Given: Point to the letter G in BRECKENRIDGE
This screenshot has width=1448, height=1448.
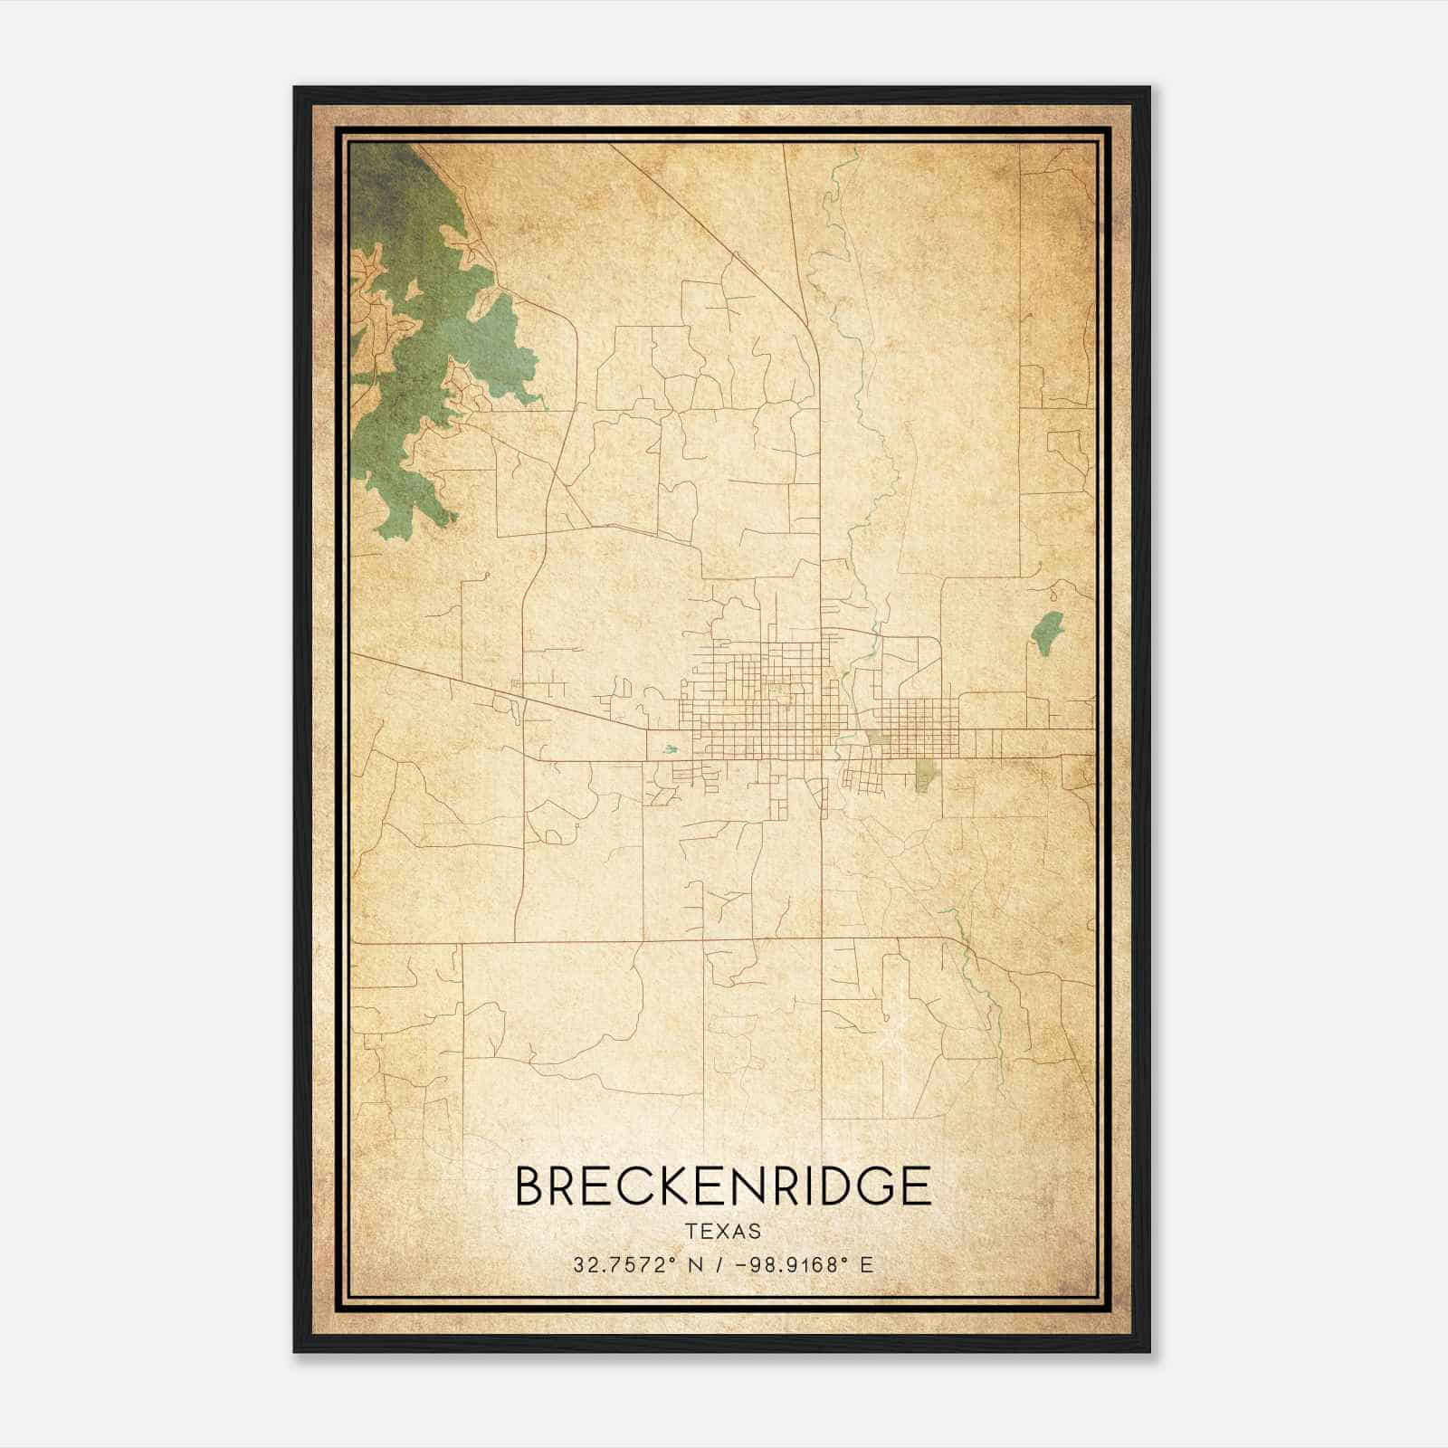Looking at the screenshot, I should coord(873,1186).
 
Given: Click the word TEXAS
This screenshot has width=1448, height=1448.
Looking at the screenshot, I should coord(723,1231).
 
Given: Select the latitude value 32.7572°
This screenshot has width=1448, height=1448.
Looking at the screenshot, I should coord(624,1264).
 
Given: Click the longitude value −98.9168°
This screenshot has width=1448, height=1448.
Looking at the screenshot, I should coord(781,1264).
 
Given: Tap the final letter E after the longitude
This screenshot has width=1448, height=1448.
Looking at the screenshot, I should coord(867,1264).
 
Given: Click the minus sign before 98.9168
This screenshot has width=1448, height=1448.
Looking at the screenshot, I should coord(743,1264).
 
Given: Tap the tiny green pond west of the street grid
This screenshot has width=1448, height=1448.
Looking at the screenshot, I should coord(670,749).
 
